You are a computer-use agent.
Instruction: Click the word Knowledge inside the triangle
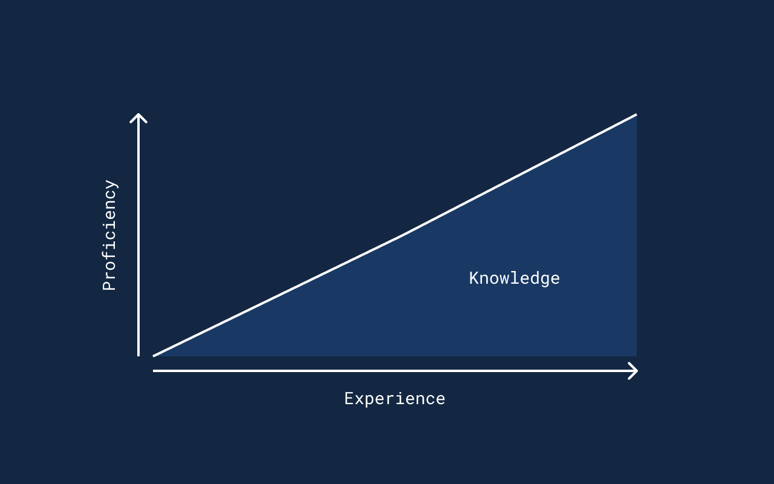515,279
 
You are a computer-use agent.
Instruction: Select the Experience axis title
395,399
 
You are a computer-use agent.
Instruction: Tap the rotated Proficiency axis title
110,235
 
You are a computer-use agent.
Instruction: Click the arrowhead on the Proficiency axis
138,118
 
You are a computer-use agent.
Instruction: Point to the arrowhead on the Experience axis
633,371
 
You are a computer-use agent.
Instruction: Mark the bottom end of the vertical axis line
138,356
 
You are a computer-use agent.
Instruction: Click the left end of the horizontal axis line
154,371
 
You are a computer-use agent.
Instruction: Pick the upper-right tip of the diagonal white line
637,114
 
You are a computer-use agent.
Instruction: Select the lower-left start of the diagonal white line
154,356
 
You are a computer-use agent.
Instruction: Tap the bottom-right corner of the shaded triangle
637,356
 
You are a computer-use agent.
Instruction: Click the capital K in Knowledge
473,278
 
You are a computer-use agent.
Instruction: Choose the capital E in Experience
349,399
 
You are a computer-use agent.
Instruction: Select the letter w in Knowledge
504,280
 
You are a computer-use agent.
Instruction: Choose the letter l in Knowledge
514,278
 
